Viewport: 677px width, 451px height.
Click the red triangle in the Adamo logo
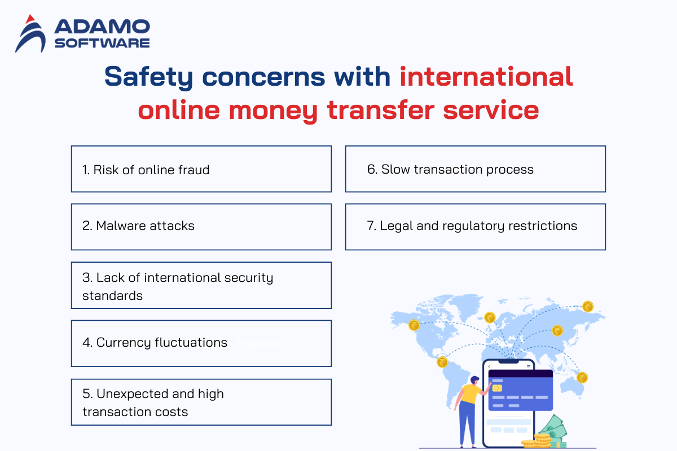30,19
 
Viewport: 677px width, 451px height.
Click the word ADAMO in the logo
102,26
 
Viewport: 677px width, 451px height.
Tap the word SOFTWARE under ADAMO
102,43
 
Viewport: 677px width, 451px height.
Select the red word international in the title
486,77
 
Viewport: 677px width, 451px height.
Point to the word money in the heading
273,111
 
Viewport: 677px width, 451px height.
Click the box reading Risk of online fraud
201,169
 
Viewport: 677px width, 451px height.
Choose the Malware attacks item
201,227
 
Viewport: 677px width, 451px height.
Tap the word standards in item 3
112,296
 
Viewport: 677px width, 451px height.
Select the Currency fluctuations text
155,343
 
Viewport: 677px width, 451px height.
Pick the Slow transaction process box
476,169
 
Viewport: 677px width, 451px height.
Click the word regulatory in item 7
473,226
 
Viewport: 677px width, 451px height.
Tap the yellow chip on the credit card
497,388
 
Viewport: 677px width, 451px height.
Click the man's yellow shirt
471,394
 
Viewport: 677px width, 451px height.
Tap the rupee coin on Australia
582,378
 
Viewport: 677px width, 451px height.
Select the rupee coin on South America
442,362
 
